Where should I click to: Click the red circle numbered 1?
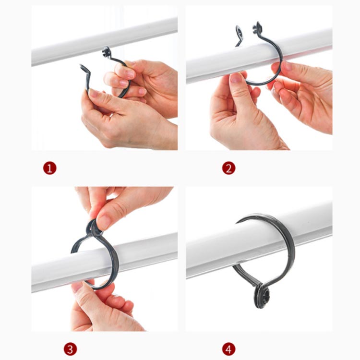tap(50, 168)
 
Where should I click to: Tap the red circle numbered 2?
tap(228, 168)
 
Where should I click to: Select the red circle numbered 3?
tap(70, 349)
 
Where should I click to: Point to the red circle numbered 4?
tap(228, 349)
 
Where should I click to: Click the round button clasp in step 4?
tap(262, 296)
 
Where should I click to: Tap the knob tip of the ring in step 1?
tap(106, 52)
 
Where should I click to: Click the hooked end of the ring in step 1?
tap(84, 69)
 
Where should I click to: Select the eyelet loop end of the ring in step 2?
tap(239, 33)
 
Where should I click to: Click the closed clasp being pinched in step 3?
tap(93, 228)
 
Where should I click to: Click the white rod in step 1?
tap(105, 41)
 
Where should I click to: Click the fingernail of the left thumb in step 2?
tap(235, 78)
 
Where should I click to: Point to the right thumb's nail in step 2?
tap(287, 66)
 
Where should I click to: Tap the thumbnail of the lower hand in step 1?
tap(95, 93)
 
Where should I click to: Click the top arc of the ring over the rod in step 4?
tap(264, 216)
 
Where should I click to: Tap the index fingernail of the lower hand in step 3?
tap(78, 287)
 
